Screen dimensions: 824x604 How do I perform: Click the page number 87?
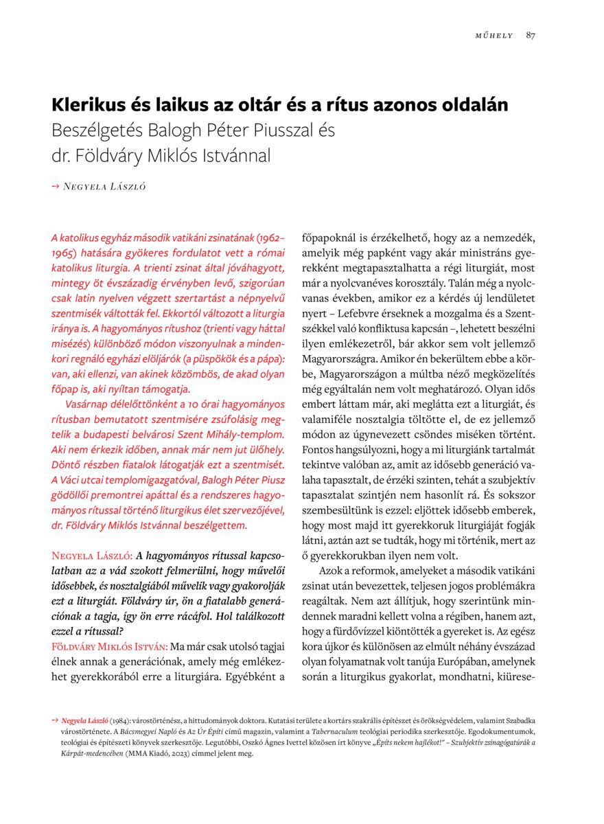click(x=531, y=36)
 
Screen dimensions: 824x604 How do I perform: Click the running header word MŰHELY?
click(x=494, y=36)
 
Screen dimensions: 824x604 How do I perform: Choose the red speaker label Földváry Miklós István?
click(x=110, y=647)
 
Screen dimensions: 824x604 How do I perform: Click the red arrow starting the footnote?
click(x=55, y=720)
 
